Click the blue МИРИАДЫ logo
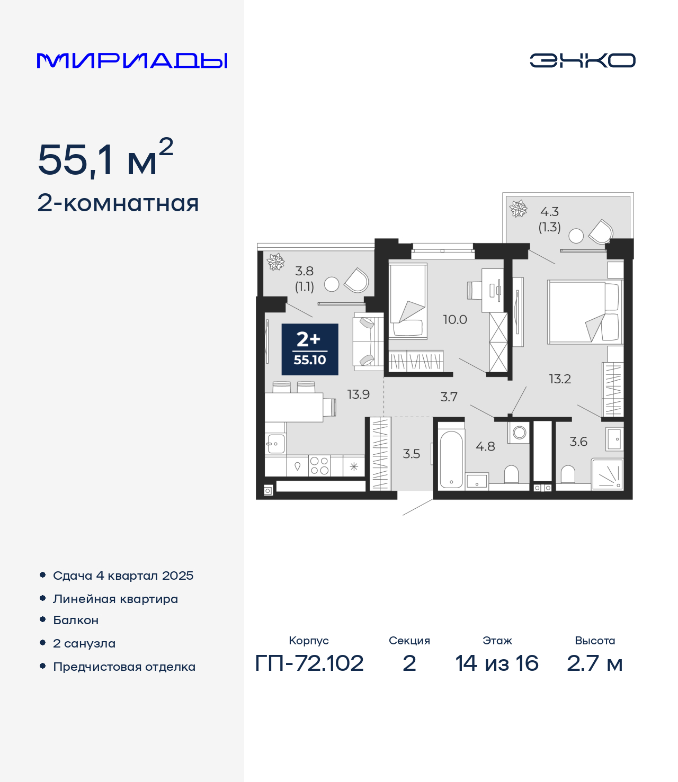[132, 60]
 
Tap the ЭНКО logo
[582, 60]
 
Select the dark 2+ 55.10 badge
[310, 349]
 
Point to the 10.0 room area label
[455, 320]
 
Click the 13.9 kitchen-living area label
[359, 394]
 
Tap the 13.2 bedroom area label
[560, 379]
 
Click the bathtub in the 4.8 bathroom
[451, 459]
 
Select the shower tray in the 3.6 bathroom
[607, 474]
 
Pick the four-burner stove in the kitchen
[319, 465]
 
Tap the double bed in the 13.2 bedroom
[585, 312]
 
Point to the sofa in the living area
[368, 341]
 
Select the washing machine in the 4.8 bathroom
[519, 433]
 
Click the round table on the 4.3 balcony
[576, 236]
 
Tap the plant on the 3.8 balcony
[275, 262]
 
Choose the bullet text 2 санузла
[84, 643]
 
